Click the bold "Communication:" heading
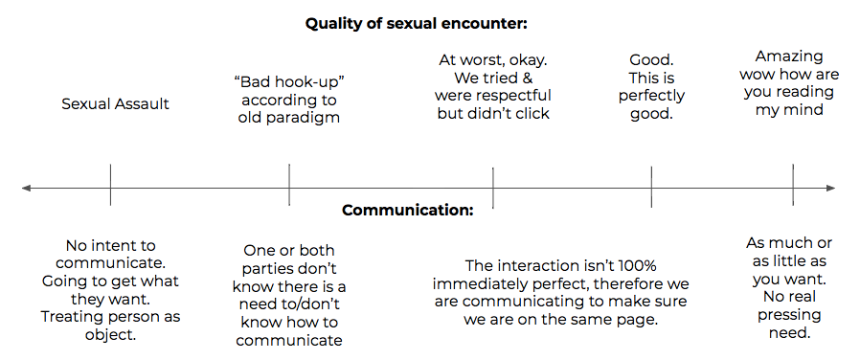pyautogui.click(x=408, y=211)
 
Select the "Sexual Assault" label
pyautogui.click(x=115, y=104)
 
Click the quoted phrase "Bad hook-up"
pyautogui.click(x=288, y=82)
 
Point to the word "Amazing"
pyautogui.click(x=789, y=56)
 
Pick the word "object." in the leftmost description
pyautogui.click(x=110, y=335)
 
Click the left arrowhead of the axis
pyautogui.click(x=26, y=189)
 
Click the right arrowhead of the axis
pyautogui.click(x=831, y=189)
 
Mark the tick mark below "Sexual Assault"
pyautogui.click(x=110, y=185)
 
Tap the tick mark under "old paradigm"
pyautogui.click(x=289, y=185)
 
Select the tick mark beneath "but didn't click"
pyautogui.click(x=493, y=188)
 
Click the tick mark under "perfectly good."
pyautogui.click(x=651, y=187)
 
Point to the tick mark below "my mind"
pyautogui.click(x=793, y=185)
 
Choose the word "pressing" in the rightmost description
pyautogui.click(x=789, y=315)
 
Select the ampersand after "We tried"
pyautogui.click(x=527, y=78)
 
